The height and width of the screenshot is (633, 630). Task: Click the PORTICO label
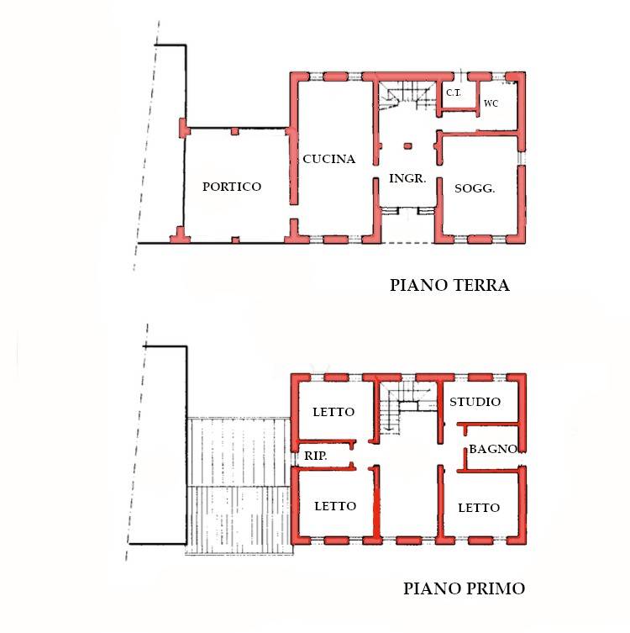coord(232,187)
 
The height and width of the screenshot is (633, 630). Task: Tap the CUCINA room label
coord(329,159)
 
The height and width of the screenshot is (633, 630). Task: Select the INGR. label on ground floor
coord(407,178)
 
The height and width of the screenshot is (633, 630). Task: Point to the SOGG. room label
coord(475,188)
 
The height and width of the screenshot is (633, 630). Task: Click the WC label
coord(491,103)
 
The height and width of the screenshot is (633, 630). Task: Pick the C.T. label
coord(453,92)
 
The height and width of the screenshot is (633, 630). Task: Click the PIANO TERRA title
coord(449,285)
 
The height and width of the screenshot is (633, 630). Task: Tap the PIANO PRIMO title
coord(464,588)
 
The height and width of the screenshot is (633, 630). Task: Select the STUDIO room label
coord(475,401)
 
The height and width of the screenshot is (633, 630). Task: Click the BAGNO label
coord(492,450)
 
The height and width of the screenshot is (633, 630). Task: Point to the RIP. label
coord(315,456)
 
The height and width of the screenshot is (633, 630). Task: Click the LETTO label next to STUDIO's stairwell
coord(333,412)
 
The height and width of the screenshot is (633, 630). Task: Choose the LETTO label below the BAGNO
coord(479,508)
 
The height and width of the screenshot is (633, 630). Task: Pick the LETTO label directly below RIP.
coord(335,506)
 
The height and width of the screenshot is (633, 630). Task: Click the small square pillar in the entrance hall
coord(407,146)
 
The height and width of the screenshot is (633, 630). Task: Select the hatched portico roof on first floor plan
coord(239,486)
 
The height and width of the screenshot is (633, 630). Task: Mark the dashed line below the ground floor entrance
coord(407,244)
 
